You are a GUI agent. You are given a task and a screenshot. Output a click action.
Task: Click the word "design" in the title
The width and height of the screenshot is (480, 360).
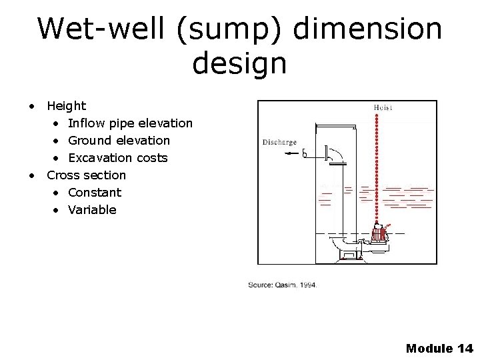pos(239,64)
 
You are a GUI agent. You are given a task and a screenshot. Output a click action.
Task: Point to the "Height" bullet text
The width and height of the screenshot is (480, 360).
pos(66,106)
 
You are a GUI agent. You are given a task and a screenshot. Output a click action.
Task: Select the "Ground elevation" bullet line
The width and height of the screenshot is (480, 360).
pos(119,141)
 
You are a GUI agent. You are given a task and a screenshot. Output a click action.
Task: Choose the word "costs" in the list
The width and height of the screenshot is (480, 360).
pos(151,158)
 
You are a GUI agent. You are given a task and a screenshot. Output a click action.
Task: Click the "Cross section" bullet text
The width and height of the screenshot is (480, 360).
pos(86,175)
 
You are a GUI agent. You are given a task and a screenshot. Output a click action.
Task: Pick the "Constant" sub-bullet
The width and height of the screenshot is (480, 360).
pos(94,193)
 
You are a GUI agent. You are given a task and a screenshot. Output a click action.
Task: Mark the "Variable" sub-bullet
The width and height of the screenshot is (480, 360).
pos(92,210)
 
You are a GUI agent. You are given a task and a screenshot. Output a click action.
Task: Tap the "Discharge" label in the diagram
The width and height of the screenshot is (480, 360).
pos(280,142)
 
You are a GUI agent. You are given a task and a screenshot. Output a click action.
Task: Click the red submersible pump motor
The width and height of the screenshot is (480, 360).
pos(380,233)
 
